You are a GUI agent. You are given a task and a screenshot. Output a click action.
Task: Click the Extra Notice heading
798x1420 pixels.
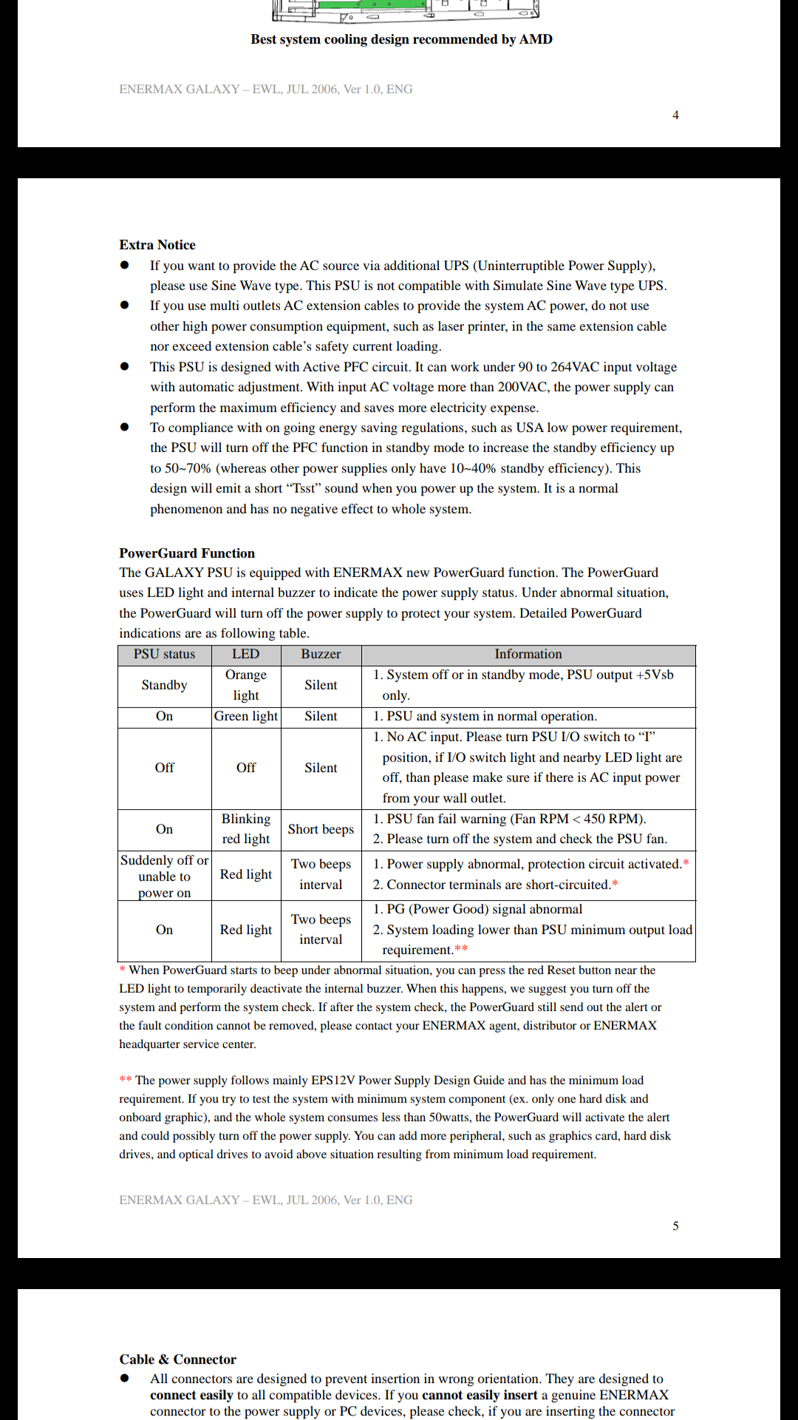(x=157, y=245)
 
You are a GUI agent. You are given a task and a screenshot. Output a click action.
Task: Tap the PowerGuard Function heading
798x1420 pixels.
(x=187, y=553)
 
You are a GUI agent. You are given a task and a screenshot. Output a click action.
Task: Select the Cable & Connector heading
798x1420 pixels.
(x=177, y=1359)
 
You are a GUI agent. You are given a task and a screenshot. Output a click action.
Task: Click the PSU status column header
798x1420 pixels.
(x=164, y=655)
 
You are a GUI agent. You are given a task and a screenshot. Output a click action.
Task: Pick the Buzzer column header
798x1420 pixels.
(x=321, y=655)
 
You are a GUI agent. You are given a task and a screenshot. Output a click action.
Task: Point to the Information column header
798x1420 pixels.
(x=528, y=655)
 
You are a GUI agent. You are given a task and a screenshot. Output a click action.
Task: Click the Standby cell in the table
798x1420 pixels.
(x=164, y=686)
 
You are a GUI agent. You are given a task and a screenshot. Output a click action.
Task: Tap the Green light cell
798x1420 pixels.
(x=246, y=717)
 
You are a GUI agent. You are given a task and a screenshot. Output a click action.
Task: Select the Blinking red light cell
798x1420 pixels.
(x=246, y=829)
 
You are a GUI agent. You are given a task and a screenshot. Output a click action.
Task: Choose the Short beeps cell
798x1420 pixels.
(x=321, y=830)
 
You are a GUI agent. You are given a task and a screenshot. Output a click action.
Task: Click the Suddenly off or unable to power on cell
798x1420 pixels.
(x=164, y=876)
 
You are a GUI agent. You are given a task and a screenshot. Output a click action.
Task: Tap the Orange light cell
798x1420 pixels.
(x=246, y=685)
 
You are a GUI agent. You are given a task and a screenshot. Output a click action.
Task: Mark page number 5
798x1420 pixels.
(x=675, y=1226)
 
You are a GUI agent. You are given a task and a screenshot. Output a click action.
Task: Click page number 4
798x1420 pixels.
(x=675, y=115)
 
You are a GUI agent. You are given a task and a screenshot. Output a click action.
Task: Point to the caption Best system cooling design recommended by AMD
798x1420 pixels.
(x=401, y=40)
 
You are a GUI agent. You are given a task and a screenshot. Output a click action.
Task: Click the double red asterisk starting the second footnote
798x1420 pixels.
(x=126, y=1080)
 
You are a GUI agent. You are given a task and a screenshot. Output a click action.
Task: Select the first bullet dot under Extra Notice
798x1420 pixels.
(x=125, y=265)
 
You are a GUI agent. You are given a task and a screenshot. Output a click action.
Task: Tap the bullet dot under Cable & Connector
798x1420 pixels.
(x=125, y=1378)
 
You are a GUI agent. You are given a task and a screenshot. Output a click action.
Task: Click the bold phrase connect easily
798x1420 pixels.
(x=191, y=1395)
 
